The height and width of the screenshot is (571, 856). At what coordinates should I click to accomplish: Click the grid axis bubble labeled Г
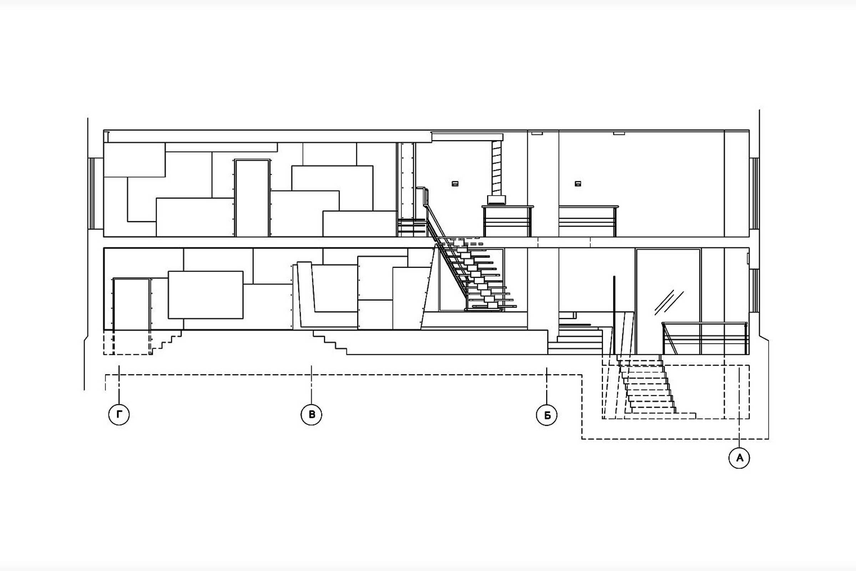point(119,414)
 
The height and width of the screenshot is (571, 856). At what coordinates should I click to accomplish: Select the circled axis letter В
point(311,414)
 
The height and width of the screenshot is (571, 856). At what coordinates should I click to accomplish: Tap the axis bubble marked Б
point(547,415)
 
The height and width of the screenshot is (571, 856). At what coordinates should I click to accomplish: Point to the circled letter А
point(739,458)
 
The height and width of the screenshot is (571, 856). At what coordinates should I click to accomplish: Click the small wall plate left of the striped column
point(455,184)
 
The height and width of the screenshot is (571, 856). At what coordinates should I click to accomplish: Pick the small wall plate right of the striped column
point(578,184)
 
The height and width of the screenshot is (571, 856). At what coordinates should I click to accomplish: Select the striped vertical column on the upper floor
point(496,168)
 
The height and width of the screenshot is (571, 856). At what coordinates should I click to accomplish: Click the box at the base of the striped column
point(496,200)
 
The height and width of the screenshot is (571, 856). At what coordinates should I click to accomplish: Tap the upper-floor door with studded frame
point(252,198)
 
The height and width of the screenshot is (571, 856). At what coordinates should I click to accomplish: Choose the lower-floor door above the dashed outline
point(131,304)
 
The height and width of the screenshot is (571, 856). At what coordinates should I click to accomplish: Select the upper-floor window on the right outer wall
point(754,194)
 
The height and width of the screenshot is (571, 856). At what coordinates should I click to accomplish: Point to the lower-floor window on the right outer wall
point(754,290)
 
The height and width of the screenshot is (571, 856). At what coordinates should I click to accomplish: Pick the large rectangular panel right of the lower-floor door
point(206,295)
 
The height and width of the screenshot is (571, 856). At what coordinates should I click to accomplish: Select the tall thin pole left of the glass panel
point(614,315)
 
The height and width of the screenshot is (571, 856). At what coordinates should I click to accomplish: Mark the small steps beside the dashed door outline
point(167,342)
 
